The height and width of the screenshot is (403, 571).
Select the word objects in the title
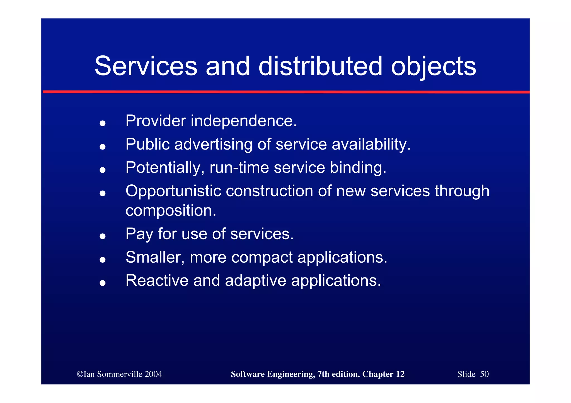pyautogui.click(x=433, y=67)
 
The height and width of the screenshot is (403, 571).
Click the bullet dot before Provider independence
pyautogui.click(x=103, y=123)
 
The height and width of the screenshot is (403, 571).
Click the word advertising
pyautogui.click(x=213, y=145)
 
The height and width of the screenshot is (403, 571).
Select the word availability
pyautogui.click(x=371, y=145)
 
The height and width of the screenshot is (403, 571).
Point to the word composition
pyautogui.click(x=171, y=211)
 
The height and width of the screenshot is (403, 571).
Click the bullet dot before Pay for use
pyautogui.click(x=103, y=236)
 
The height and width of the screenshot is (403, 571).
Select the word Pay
pyautogui.click(x=139, y=234)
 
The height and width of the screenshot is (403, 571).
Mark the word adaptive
pyautogui.click(x=255, y=281)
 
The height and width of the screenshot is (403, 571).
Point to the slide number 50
pyautogui.click(x=484, y=374)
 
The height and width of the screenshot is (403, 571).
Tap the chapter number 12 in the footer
pyautogui.click(x=400, y=374)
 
